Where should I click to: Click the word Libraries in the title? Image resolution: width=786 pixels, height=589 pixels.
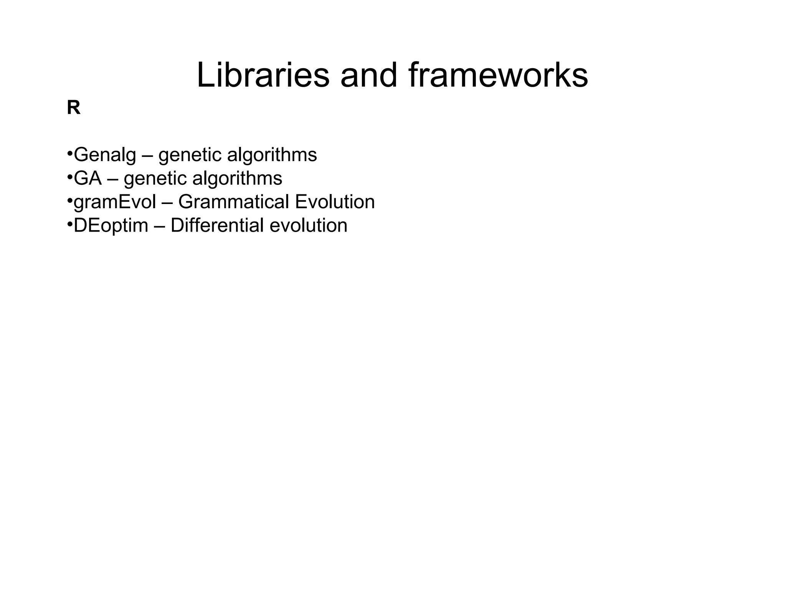(263, 76)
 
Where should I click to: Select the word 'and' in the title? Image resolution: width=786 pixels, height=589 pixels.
(369, 76)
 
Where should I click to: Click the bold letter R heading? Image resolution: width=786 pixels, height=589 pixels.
(74, 108)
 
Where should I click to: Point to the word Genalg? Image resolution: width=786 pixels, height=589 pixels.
(105, 155)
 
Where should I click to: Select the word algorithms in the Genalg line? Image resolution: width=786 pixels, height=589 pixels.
(272, 155)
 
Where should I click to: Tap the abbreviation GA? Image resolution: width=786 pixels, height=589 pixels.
(88, 178)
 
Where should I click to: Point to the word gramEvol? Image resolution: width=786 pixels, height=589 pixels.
(115, 202)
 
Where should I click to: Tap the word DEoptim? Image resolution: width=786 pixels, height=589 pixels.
(111, 226)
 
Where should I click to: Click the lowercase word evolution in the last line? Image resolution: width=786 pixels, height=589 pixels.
(309, 225)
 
